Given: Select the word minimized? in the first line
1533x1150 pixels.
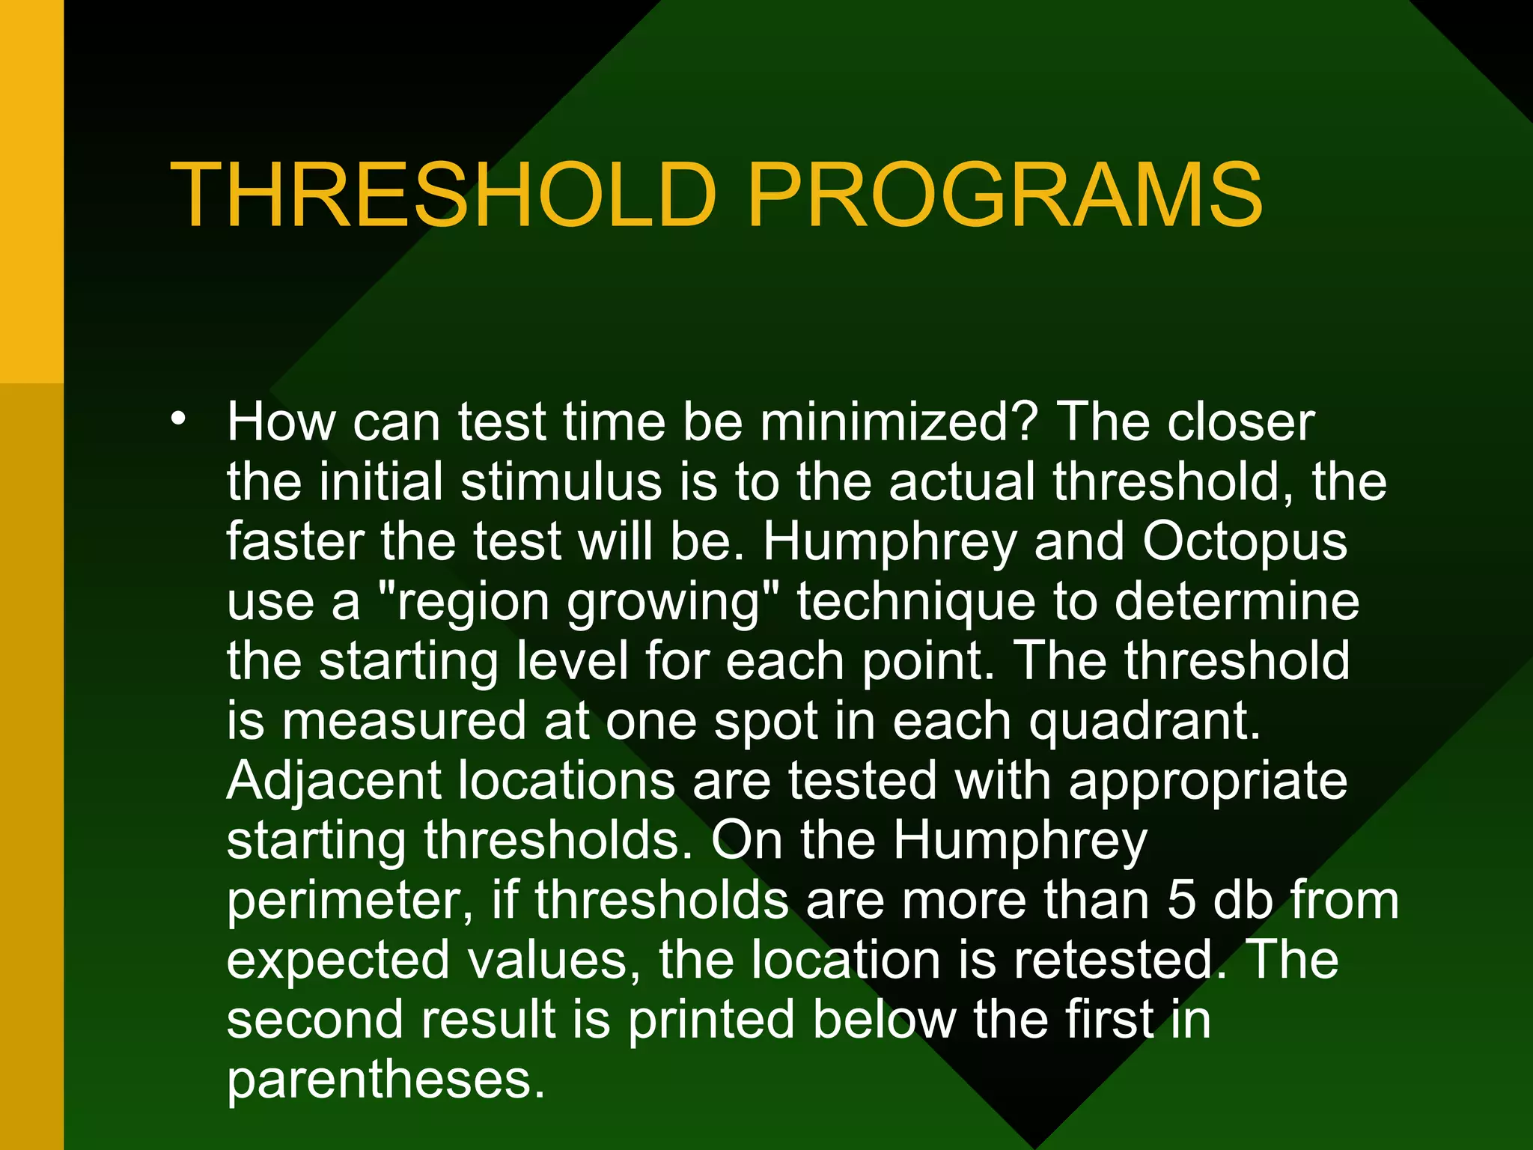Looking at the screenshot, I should (898, 422).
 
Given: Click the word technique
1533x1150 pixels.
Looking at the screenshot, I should (915, 602).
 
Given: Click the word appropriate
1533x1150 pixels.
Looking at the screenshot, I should (1207, 781).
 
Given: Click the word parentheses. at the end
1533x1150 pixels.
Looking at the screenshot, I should (385, 1080).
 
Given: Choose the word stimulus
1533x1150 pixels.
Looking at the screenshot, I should (561, 481).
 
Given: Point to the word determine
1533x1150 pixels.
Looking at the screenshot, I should (1237, 602).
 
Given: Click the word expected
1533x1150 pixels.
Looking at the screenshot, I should (338, 961).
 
